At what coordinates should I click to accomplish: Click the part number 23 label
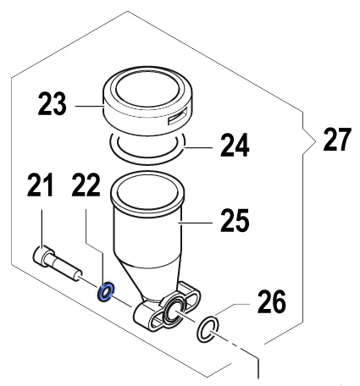click(x=53, y=104)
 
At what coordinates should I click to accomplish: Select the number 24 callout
click(x=235, y=146)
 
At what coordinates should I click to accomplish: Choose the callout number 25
click(x=235, y=220)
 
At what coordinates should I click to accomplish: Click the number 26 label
click(x=272, y=302)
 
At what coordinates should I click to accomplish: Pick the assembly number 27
click(x=337, y=140)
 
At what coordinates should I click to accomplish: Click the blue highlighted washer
click(x=106, y=291)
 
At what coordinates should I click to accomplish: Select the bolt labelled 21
click(x=58, y=264)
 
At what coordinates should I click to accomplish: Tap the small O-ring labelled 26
click(x=208, y=329)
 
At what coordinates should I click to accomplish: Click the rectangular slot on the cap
click(x=177, y=116)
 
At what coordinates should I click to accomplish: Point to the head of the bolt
click(x=43, y=257)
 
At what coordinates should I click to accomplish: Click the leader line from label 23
click(x=90, y=107)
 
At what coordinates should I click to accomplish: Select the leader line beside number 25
click(x=196, y=223)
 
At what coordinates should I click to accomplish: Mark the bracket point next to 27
click(x=314, y=141)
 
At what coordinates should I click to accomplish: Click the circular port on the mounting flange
click(x=174, y=312)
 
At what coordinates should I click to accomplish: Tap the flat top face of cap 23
click(x=147, y=86)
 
